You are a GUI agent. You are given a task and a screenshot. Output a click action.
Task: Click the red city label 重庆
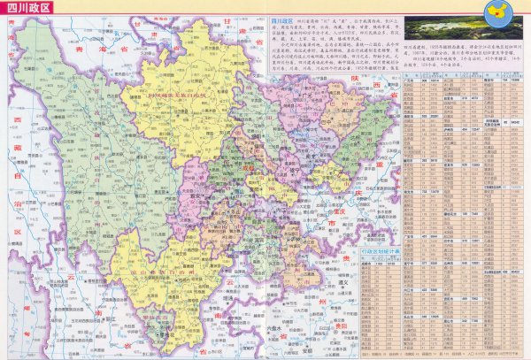pyautogui.click(x=336, y=211)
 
